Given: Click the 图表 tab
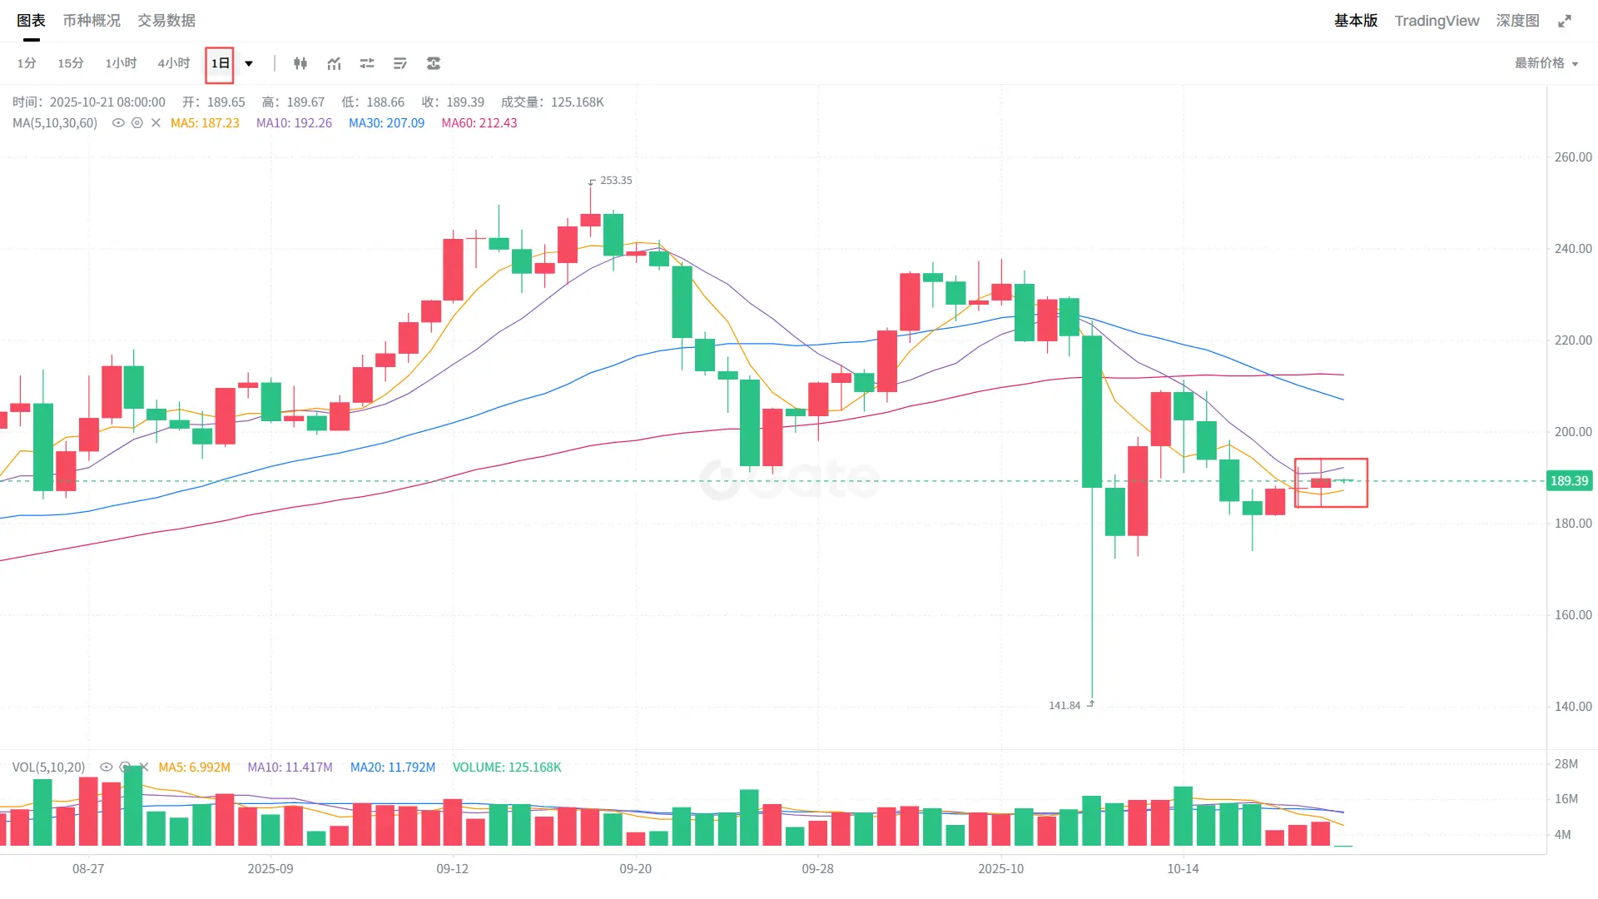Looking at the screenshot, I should click(x=31, y=21).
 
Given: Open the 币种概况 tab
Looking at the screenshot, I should click(x=92, y=21).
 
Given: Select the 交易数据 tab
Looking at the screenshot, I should click(x=166, y=21).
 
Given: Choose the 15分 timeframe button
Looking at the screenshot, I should click(x=71, y=63).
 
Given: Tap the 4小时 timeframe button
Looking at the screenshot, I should click(x=173, y=63).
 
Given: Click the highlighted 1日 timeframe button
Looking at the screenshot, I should click(x=220, y=63).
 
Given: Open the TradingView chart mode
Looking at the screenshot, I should click(x=1437, y=21).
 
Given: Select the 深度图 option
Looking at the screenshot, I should click(x=1517, y=21).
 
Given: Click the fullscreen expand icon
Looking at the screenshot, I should click(x=1565, y=21).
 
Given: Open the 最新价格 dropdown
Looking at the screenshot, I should click(x=1546, y=63).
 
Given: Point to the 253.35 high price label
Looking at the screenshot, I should click(x=616, y=181).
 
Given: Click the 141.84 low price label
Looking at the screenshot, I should click(x=1065, y=706).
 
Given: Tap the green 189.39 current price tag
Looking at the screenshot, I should click(x=1569, y=481).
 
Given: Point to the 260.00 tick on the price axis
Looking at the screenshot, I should click(x=1573, y=157).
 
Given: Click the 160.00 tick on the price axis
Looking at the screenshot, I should click(x=1573, y=615).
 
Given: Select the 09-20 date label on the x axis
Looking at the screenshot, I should click(x=636, y=869).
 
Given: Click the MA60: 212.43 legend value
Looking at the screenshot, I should click(x=479, y=123).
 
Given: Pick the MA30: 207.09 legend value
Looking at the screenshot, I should click(x=386, y=123).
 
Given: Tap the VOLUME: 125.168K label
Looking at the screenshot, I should click(x=507, y=767).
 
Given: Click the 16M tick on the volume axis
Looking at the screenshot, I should click(x=1566, y=799).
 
